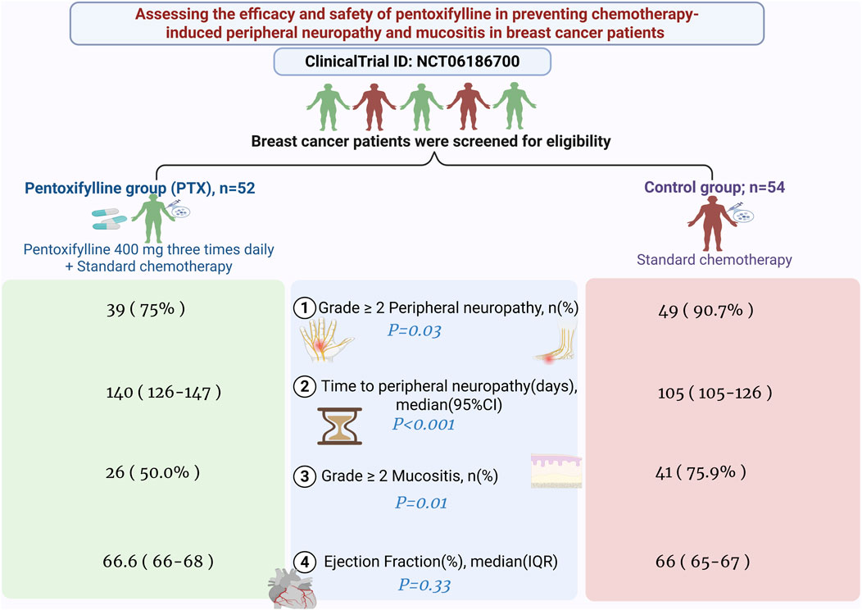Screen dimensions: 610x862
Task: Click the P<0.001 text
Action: pos(423,424)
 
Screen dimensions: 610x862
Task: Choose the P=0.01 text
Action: pos(421,503)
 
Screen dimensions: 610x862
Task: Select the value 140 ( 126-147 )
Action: pos(164,393)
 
